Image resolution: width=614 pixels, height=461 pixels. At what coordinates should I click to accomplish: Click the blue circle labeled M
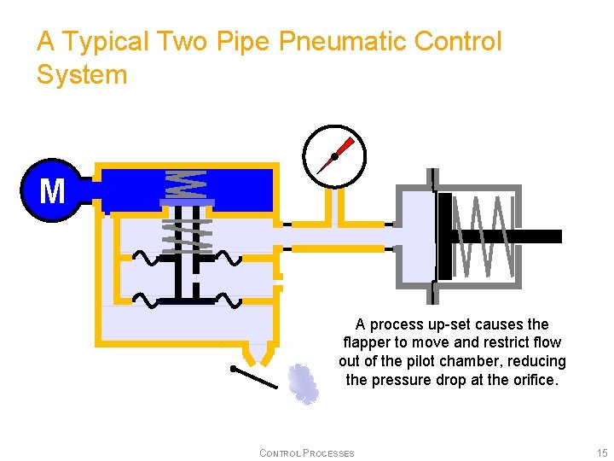point(51,190)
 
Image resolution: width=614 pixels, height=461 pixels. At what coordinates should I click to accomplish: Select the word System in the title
point(82,75)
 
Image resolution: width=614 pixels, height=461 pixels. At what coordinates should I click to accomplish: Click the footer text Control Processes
point(306,452)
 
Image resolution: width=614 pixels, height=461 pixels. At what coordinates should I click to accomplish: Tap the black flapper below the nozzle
point(254,376)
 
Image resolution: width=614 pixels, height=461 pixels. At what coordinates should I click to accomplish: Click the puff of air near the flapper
point(304,383)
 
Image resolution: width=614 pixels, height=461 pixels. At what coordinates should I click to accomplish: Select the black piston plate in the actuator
point(444,236)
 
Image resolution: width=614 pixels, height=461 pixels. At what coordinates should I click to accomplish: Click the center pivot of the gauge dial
point(334,156)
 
